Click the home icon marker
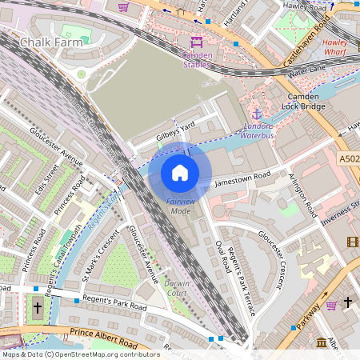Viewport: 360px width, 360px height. pos(180,173)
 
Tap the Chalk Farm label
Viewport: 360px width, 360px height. pos(50,42)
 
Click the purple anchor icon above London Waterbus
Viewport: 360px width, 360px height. pos(257,114)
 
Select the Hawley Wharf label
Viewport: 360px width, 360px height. pos(340,46)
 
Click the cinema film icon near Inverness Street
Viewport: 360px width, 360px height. pos(353,242)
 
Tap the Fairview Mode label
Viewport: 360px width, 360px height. pos(179,206)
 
